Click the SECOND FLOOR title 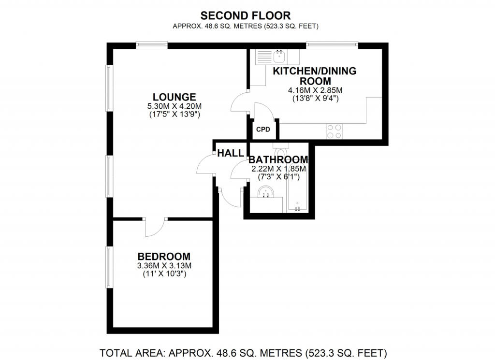tap(245, 15)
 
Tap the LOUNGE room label tap(174, 97)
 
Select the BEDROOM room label tap(164, 256)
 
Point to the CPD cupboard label tap(263, 130)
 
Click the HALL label tap(231, 153)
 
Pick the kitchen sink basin tap(280, 57)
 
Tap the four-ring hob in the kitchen tap(334, 131)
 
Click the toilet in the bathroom tap(280, 150)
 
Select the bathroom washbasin tap(266, 191)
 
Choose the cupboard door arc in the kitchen tap(266, 109)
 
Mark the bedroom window tap(109, 267)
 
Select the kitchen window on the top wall tap(332, 45)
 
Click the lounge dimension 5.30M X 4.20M tap(174, 106)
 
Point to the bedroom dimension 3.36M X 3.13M tap(164, 265)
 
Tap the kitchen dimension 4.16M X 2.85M tap(315, 90)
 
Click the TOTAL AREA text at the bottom tap(243, 352)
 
